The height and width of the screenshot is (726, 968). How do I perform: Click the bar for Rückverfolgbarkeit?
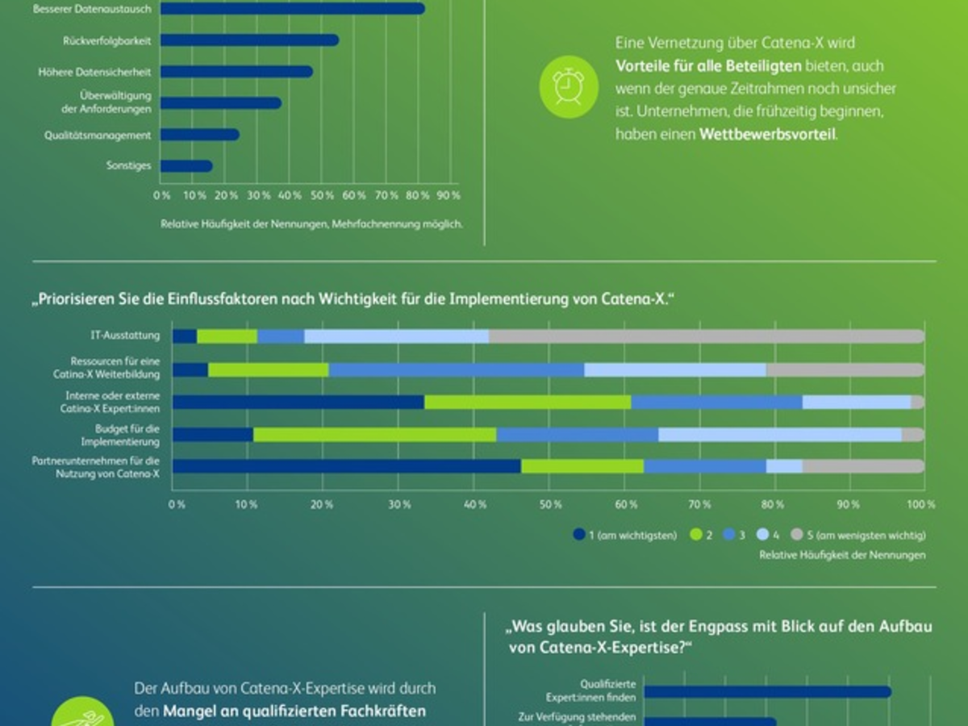pos(249,40)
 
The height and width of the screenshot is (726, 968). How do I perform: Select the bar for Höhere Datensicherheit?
pos(236,72)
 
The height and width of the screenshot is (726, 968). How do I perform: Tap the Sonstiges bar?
pos(186,166)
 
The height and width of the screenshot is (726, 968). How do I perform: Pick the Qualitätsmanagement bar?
pos(199,135)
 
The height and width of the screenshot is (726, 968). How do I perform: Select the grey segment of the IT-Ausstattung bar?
pos(706,336)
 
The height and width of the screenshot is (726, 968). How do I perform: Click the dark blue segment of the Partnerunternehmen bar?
pos(346,466)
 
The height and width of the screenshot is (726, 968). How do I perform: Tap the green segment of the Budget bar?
pos(374,435)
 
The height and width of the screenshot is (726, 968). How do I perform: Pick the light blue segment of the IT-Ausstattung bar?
pos(396,336)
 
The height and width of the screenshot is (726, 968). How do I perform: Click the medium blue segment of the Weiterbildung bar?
pos(456,369)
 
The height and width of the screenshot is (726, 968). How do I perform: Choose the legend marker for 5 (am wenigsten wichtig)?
pos(796,534)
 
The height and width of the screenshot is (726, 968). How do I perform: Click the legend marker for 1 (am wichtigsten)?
pos(578,534)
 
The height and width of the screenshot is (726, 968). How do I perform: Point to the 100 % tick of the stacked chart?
pos(921,504)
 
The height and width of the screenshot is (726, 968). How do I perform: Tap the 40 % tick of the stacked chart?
pos(476,504)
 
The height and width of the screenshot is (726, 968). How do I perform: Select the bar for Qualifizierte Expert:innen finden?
pos(766,691)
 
